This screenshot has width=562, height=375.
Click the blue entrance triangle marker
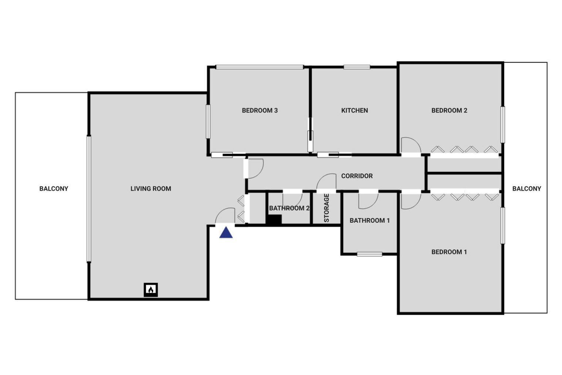(226, 232)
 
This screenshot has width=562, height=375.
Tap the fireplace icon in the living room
(151, 290)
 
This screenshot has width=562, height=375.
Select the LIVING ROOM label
(151, 189)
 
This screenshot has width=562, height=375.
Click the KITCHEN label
(355, 111)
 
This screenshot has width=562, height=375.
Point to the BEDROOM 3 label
(260, 111)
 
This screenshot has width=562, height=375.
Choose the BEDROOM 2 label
(449, 111)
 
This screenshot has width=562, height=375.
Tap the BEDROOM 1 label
(449, 252)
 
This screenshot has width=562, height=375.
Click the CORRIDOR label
(357, 176)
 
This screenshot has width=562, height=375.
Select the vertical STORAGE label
(326, 208)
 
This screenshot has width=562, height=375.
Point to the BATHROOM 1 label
(370, 221)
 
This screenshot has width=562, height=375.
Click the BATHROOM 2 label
(289, 208)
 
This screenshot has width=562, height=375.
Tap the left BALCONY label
(54, 189)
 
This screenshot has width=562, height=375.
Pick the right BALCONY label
(527, 189)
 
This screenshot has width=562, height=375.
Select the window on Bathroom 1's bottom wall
(370, 254)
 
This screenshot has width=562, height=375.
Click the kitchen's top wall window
(357, 67)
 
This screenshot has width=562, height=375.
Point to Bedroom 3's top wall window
(260, 67)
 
